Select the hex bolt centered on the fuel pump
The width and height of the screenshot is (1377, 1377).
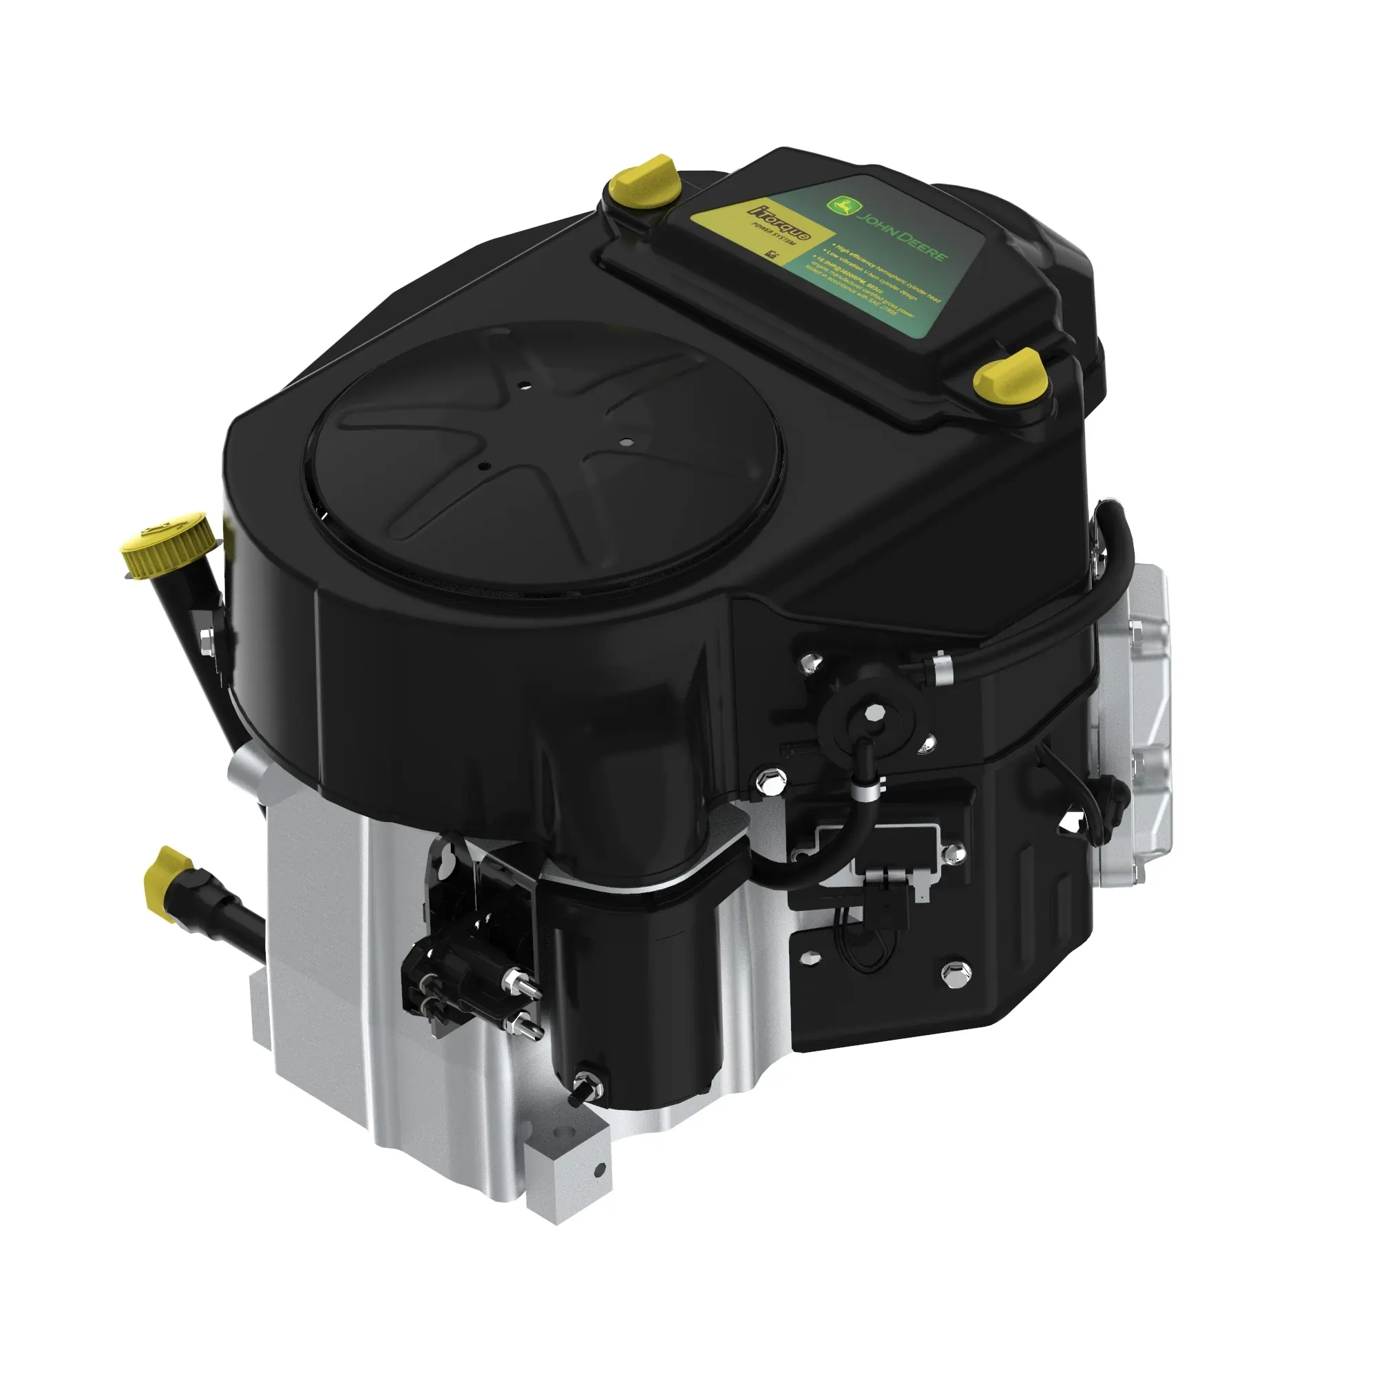[871, 713]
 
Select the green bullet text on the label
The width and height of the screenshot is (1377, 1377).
[884, 285]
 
